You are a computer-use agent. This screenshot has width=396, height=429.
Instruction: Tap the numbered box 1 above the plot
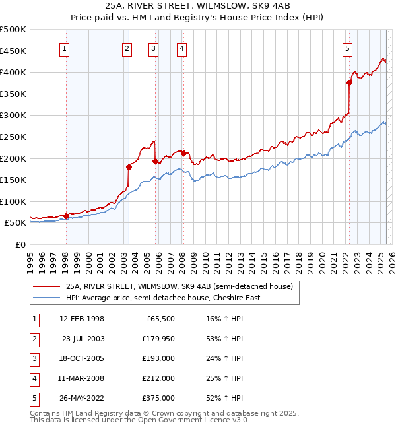(x=65, y=48)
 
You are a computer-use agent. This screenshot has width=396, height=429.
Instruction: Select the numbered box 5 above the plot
(x=347, y=48)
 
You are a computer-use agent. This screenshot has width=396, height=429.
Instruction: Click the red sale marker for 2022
(x=349, y=82)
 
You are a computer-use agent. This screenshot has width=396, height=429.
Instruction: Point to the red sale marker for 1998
(x=66, y=216)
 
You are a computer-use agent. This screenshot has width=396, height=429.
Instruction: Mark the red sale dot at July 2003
(x=129, y=167)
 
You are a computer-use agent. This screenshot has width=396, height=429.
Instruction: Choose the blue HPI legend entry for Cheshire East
(x=162, y=298)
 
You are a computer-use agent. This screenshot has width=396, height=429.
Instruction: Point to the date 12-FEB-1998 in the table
(x=82, y=319)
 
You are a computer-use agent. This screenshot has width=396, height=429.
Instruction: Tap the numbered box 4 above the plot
(x=181, y=48)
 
